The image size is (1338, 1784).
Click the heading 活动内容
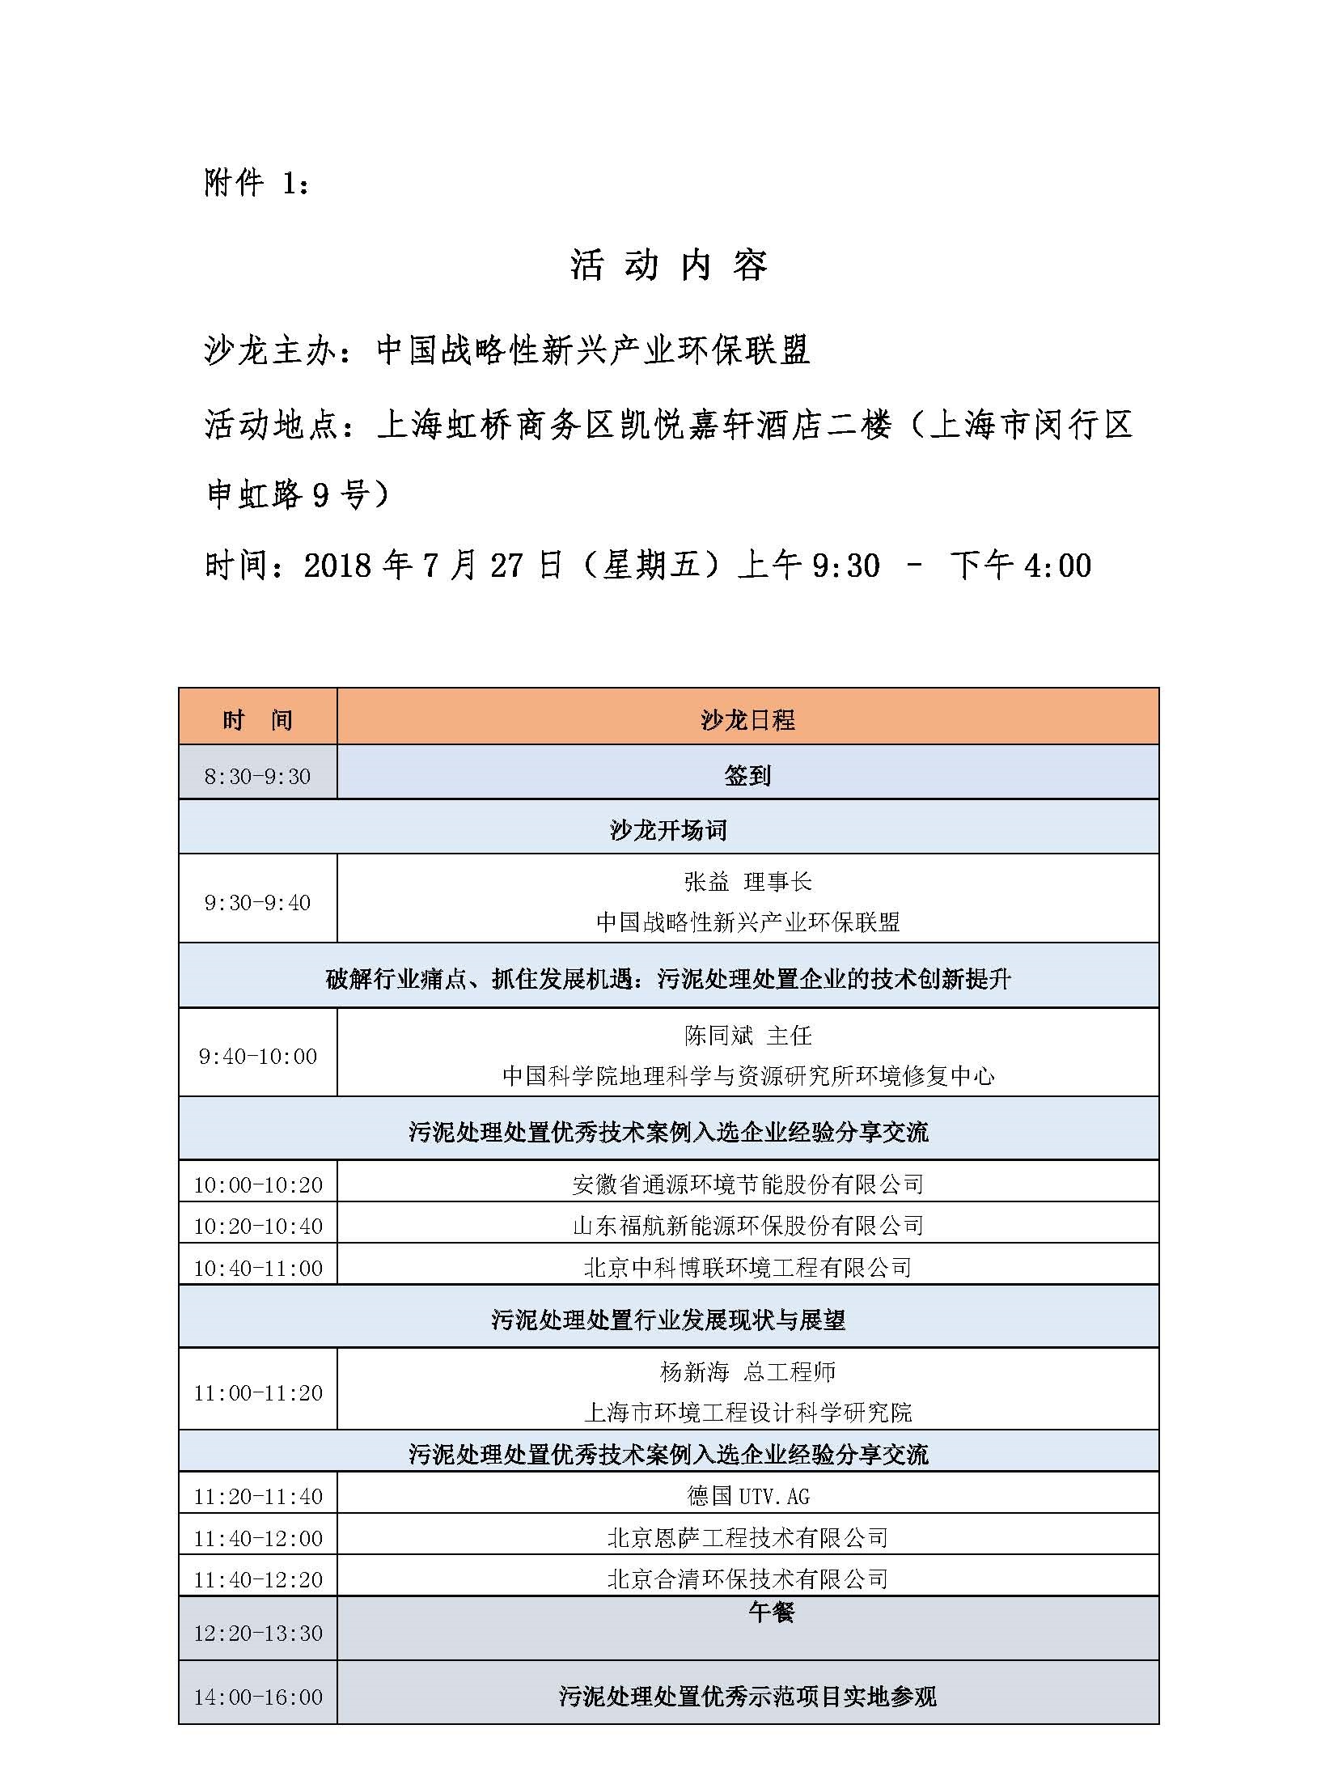(668, 265)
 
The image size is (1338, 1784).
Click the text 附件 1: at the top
(256, 184)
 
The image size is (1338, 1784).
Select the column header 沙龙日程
(747, 719)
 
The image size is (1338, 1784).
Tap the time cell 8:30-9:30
(257, 777)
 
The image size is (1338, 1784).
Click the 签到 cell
(747, 776)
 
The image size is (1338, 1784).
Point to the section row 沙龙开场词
(668, 830)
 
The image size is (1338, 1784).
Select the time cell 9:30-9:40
(257, 903)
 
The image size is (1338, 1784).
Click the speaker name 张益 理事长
(747, 882)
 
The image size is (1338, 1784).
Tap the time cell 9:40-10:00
(257, 1057)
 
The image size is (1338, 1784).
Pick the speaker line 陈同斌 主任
(747, 1036)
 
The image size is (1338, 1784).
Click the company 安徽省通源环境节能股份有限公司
(747, 1184)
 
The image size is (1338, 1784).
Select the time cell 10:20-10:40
(257, 1226)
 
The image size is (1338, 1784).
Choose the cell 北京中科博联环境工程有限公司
(747, 1267)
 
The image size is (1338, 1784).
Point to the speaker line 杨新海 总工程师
(747, 1372)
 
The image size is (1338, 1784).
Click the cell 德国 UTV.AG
(747, 1496)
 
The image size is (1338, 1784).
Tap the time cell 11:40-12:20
(257, 1579)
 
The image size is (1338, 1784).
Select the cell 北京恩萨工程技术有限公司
(747, 1537)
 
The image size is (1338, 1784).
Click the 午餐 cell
(770, 1612)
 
